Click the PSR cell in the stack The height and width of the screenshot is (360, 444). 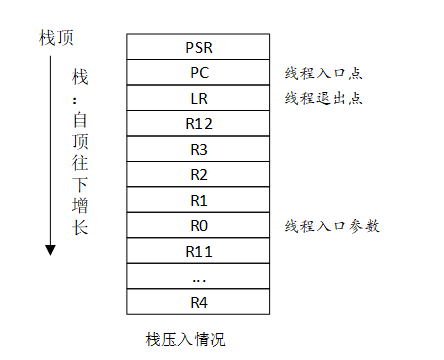point(198,46)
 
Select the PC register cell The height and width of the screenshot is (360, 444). point(198,72)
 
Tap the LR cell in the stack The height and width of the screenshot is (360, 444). point(198,98)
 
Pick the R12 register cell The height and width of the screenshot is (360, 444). point(198,124)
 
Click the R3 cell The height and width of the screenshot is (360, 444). point(198,150)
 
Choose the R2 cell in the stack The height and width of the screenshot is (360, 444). point(198,175)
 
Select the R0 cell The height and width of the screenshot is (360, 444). point(198,226)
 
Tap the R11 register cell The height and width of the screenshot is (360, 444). point(198,250)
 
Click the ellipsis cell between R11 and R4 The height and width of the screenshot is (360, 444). point(198,275)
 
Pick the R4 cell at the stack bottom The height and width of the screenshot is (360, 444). point(198,300)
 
